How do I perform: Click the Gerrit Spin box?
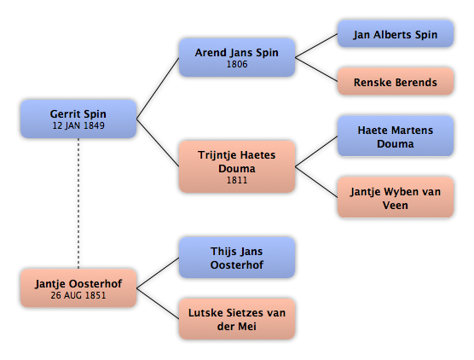coord(78,119)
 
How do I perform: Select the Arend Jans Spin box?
coord(237,57)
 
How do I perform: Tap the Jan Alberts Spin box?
coord(396,34)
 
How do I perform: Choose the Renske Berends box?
coord(396,82)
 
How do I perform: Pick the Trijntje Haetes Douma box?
coord(237,166)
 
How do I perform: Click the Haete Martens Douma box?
coord(396,136)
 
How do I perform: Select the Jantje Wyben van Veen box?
coord(396,198)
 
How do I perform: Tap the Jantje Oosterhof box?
coord(78,288)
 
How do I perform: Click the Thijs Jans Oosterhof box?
coord(237,258)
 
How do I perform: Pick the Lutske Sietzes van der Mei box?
coord(237,319)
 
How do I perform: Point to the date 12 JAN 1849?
coord(78,125)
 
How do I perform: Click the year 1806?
coord(237,64)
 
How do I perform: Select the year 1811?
coord(237,180)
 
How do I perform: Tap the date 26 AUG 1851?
coord(78,295)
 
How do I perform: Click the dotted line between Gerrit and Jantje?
coord(78,204)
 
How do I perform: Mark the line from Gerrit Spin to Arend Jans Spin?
coord(158,89)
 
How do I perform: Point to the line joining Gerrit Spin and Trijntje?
coord(158,142)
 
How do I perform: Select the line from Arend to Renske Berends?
coord(316,70)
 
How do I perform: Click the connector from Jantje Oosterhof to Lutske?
coord(158,304)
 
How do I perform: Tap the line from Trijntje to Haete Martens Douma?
coord(316,151)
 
